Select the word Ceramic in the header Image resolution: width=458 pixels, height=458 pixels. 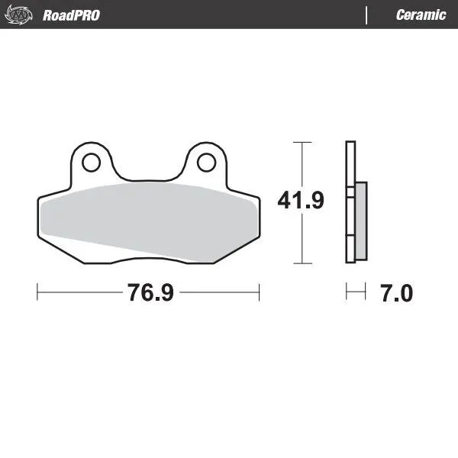421,15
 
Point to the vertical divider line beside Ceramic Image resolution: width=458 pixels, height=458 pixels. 367,15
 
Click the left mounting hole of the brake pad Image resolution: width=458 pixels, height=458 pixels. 92,162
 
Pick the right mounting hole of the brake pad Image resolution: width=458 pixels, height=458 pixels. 205,162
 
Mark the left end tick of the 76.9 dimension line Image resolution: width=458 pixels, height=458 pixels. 37,292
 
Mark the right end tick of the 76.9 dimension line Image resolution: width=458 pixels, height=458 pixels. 260,292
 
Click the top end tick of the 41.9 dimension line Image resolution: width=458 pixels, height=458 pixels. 303,143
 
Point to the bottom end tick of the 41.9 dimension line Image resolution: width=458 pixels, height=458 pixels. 303,263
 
